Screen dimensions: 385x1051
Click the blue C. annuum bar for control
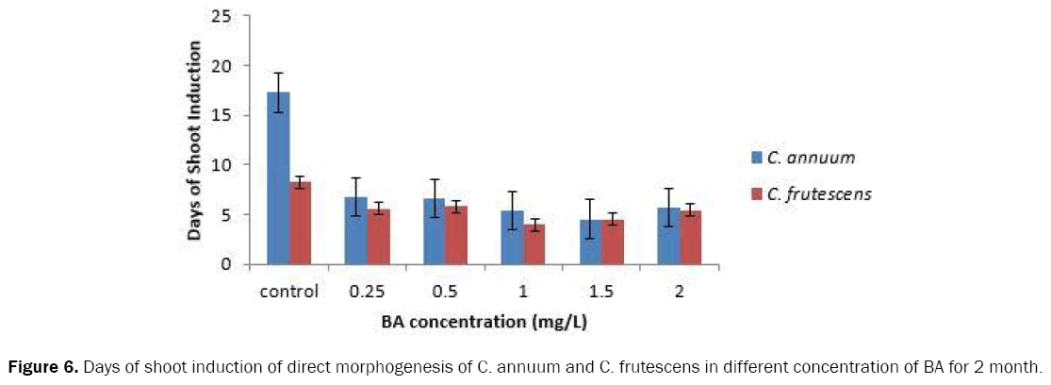click(278, 179)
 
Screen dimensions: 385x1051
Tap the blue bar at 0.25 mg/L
click(355, 231)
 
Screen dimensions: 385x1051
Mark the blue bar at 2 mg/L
click(668, 236)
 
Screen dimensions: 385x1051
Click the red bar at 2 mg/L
click(691, 238)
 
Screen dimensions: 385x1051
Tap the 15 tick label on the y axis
click(222, 115)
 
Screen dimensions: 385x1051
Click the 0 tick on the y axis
click(227, 264)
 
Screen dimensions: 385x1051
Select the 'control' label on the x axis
click(289, 290)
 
